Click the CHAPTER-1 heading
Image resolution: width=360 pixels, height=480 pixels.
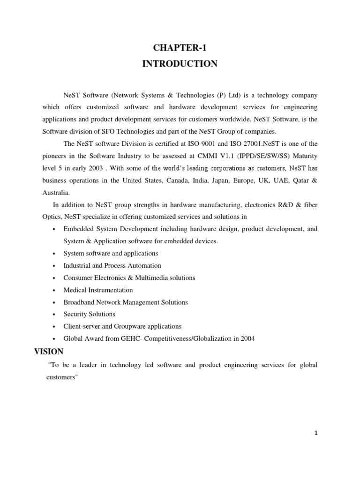180,47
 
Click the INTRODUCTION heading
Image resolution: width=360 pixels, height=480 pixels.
180,64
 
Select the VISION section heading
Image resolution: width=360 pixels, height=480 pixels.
49,352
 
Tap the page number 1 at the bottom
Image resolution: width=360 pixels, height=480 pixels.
316,433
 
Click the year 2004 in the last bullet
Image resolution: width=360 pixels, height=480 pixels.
247,338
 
